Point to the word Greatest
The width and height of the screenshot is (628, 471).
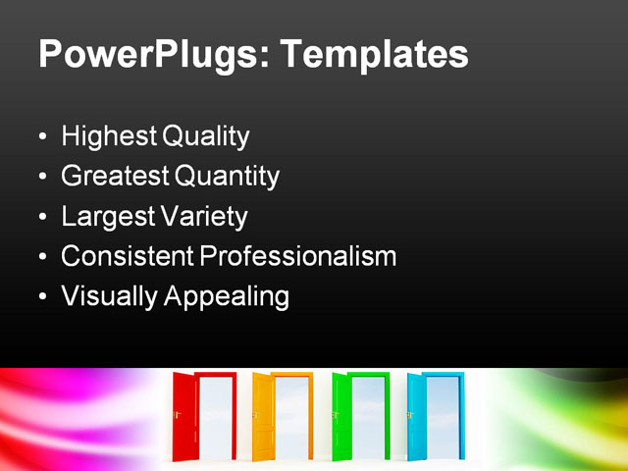[x=115, y=177]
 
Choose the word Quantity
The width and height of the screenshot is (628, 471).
[x=227, y=177]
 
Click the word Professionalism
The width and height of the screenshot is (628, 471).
[x=298, y=257]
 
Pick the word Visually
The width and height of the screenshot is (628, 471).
[x=106, y=296]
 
